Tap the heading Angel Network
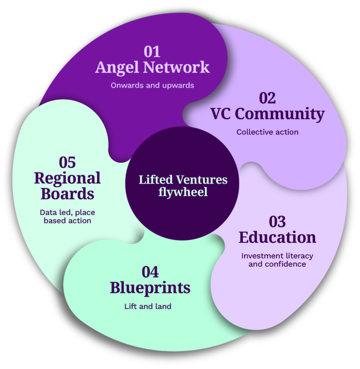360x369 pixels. pyautogui.click(x=152, y=68)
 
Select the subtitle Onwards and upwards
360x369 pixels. pyautogui.click(x=152, y=86)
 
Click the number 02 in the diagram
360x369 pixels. pyautogui.click(x=267, y=98)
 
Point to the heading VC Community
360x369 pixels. pyautogui.click(x=267, y=114)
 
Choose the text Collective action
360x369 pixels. pyautogui.click(x=267, y=132)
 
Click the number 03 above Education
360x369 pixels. pyautogui.click(x=277, y=221)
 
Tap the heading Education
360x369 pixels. pyautogui.click(x=277, y=237)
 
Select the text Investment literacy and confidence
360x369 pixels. pyautogui.click(x=277, y=260)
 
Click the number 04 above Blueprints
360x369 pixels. pyautogui.click(x=150, y=272)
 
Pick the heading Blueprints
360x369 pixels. pyautogui.click(x=150, y=288)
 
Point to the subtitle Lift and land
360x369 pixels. pyautogui.click(x=148, y=307)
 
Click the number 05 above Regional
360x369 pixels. pyautogui.click(x=67, y=162)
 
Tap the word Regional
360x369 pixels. pyautogui.click(x=67, y=178)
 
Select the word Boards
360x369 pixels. pyautogui.click(x=67, y=193)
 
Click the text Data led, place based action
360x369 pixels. pyautogui.click(x=67, y=216)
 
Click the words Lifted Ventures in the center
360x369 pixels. pyautogui.click(x=183, y=180)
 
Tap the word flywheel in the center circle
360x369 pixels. pyautogui.click(x=183, y=192)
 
